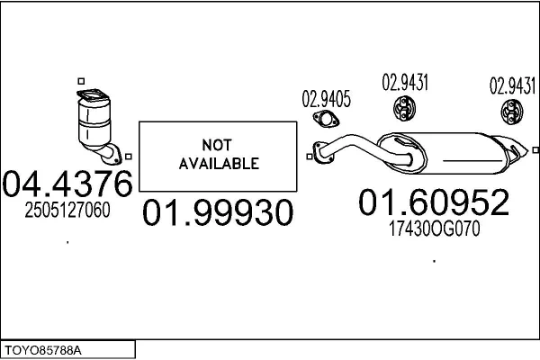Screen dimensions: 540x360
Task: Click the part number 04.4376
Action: pyautogui.click(x=67, y=184)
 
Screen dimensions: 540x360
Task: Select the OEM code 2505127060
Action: pyautogui.click(x=67, y=210)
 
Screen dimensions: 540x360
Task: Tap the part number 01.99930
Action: pyautogui.click(x=218, y=212)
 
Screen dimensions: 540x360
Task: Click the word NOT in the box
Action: pyautogui.click(x=217, y=145)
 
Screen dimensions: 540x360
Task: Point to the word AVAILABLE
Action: pyautogui.click(x=219, y=163)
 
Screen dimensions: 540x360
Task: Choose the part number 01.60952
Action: pyautogui.click(x=434, y=202)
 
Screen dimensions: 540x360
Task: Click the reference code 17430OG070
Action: pyautogui.click(x=435, y=229)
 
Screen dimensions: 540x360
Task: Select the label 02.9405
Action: pyautogui.click(x=326, y=99)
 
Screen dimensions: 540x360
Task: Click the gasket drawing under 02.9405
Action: pyautogui.click(x=326, y=119)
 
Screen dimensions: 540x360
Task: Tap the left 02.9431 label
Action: pyautogui.click(x=405, y=83)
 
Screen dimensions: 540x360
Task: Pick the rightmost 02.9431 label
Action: pyautogui.click(x=513, y=85)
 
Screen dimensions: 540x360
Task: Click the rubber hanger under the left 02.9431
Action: pyautogui.click(x=404, y=109)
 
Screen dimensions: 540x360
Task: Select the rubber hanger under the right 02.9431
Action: pyautogui.click(x=512, y=112)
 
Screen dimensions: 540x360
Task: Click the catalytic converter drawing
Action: pyautogui.click(x=96, y=126)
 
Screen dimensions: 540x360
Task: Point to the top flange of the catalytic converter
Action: pyautogui.click(x=93, y=94)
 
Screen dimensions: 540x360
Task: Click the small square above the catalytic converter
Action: pyautogui.click(x=81, y=81)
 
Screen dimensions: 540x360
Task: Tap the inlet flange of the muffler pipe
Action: pyautogui.click(x=322, y=152)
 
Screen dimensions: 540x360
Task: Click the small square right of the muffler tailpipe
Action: pyautogui.click(x=535, y=150)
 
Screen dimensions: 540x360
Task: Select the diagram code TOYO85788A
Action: pyautogui.click(x=43, y=351)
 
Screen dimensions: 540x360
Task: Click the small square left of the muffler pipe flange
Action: pyautogui.click(x=310, y=157)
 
